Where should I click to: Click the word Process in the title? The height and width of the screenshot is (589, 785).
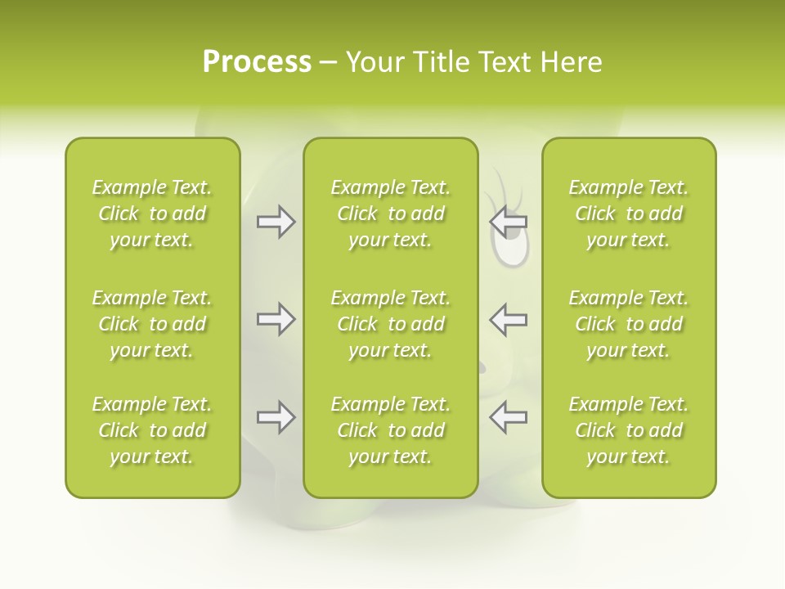point(257,62)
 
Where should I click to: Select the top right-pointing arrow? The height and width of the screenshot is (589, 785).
point(276,222)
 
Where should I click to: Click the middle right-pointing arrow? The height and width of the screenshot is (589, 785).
point(276,319)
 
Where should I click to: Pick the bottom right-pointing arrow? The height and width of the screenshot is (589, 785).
point(276,417)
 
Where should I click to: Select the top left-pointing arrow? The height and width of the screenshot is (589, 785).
point(508,222)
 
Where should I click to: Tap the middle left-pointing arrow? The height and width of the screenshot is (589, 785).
point(508,319)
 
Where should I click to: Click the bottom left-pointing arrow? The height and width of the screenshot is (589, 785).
point(508,417)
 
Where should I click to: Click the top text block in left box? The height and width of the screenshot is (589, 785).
point(152,214)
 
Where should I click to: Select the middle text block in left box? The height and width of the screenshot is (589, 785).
point(152,324)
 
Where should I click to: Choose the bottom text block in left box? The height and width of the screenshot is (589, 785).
point(152,430)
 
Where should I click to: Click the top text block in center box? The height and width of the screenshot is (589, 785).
point(390,214)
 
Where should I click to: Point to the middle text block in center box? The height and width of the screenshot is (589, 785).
point(390,324)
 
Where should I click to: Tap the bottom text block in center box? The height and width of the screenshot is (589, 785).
point(390,430)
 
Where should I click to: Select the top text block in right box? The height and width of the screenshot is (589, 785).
point(628,214)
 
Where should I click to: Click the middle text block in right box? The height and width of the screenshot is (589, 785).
point(628,324)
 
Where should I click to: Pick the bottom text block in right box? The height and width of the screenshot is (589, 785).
point(628,430)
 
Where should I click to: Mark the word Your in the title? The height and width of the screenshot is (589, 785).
point(373,62)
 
